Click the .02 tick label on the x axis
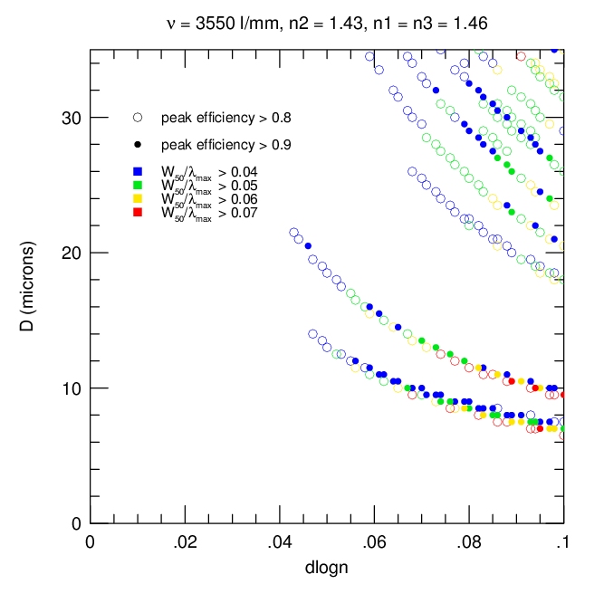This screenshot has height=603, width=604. click(185, 543)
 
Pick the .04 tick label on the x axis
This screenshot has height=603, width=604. click(279, 543)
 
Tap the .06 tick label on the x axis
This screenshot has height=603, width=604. click(374, 543)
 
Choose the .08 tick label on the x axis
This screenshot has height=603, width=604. click(468, 543)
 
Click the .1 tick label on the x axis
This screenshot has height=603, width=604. click(562, 543)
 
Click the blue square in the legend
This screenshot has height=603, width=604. click(138, 172)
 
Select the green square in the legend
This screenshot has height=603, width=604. click(138, 186)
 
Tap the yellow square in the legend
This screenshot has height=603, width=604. click(138, 199)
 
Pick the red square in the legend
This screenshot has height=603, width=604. click(138, 213)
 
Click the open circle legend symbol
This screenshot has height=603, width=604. click(138, 118)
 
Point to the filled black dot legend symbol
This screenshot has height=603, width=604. click(138, 145)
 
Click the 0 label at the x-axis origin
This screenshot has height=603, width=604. click(90, 543)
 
